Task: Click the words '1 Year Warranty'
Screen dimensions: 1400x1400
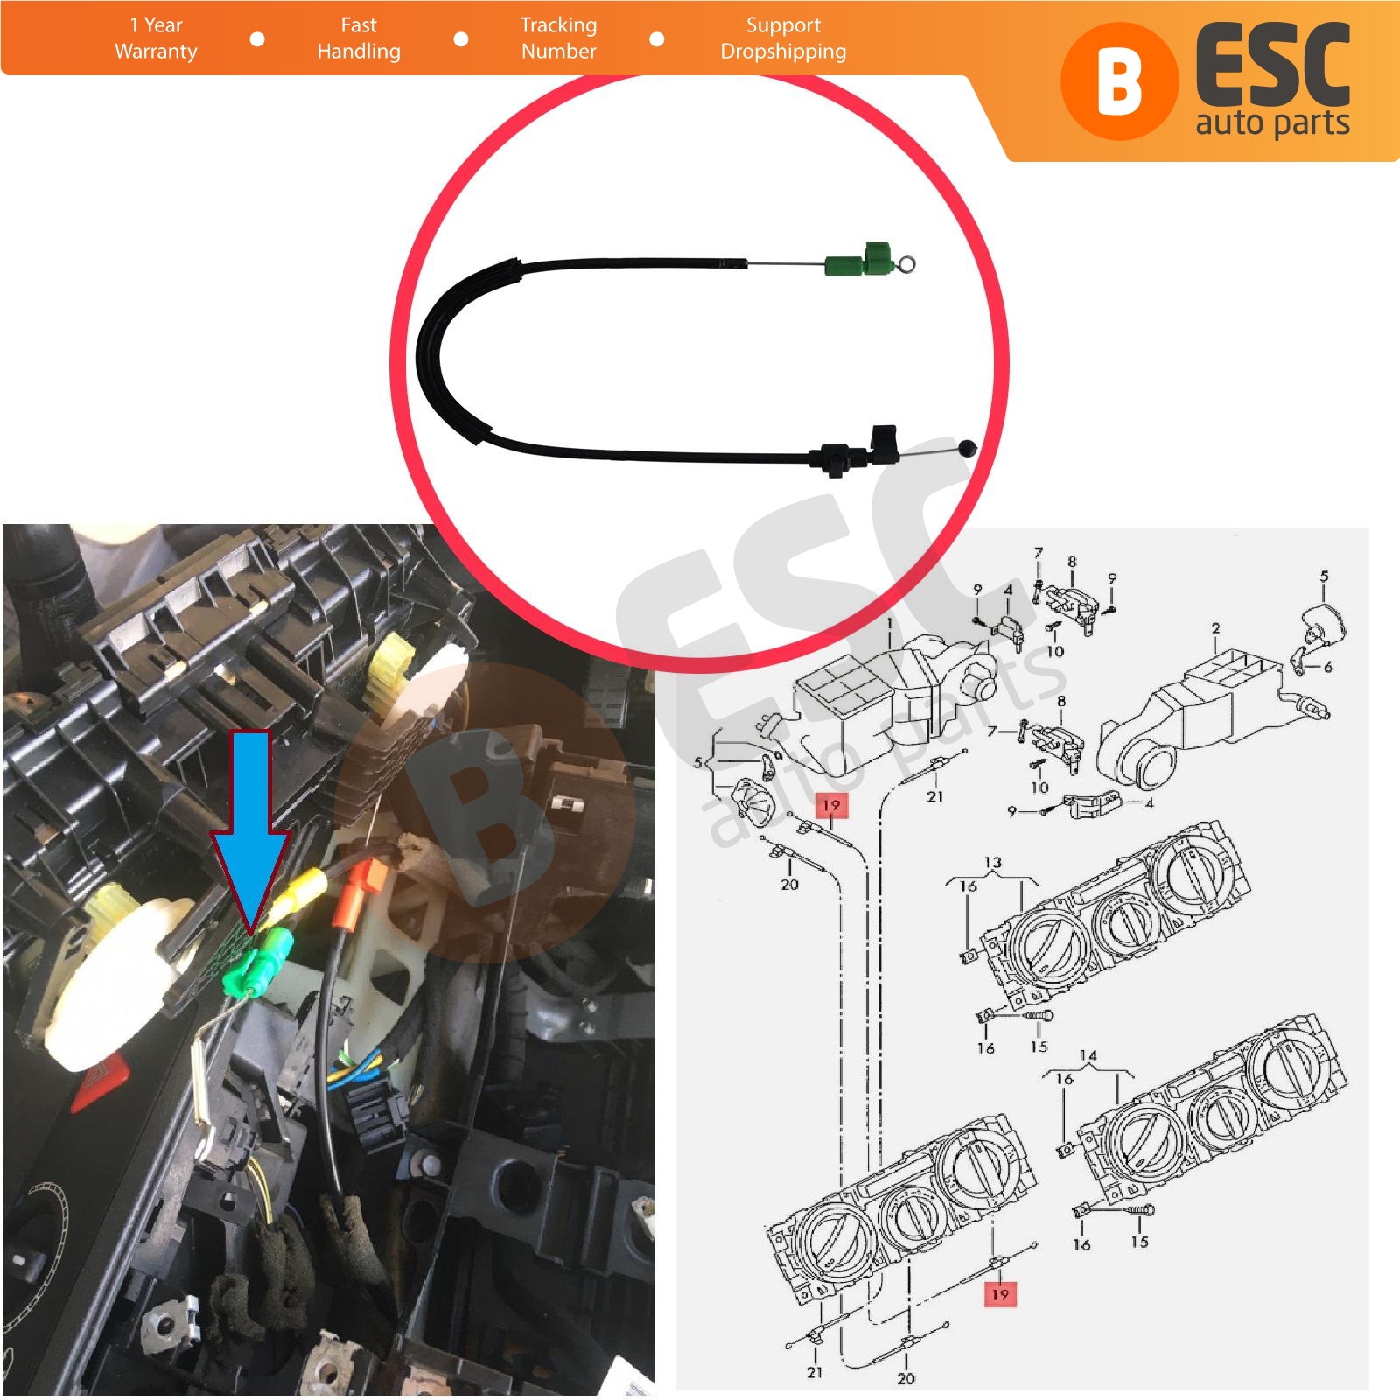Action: [x=156, y=38]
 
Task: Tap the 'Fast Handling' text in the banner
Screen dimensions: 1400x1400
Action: [x=359, y=38]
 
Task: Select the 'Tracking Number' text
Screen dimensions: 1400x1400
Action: [x=558, y=38]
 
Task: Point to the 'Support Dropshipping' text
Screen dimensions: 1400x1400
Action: [x=783, y=38]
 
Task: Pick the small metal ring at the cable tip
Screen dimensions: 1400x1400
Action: [x=908, y=263]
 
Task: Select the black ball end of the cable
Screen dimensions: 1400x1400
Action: [x=966, y=448]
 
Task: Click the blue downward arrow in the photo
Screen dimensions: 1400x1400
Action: [x=250, y=831]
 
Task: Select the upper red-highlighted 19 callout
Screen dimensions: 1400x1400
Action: [x=830, y=805]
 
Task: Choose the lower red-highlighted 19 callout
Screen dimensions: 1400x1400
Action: [x=1000, y=1294]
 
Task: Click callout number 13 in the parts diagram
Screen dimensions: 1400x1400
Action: [x=992, y=863]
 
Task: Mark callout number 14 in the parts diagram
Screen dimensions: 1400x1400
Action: [x=1088, y=1056]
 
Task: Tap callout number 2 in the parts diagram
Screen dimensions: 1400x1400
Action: [x=1216, y=629]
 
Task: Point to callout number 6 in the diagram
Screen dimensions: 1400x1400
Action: [x=1327, y=667]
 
